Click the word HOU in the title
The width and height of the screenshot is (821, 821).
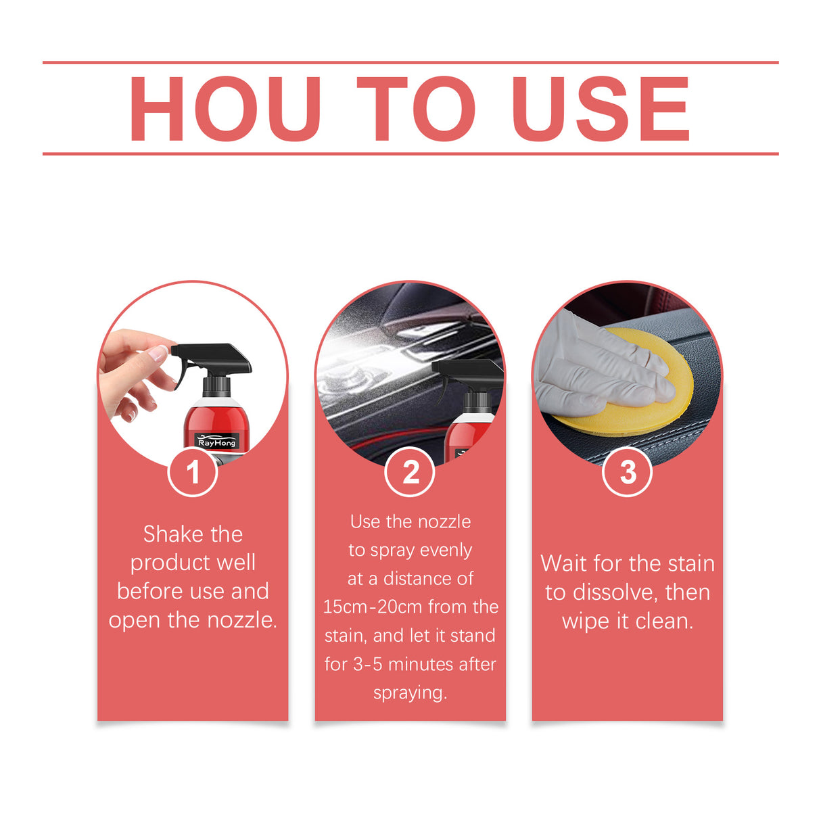[x=225, y=109]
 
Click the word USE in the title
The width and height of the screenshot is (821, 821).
[x=601, y=109]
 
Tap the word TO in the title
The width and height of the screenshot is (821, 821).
[x=415, y=109]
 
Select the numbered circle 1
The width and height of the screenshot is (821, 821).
[x=193, y=472]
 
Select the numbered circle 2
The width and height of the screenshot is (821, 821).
[x=410, y=472]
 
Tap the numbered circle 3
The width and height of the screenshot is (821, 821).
[x=628, y=472]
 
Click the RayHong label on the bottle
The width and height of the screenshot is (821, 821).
[x=216, y=442]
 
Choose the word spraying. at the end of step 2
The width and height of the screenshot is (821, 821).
[x=410, y=693]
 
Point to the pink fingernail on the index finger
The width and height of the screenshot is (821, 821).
[x=160, y=352]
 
